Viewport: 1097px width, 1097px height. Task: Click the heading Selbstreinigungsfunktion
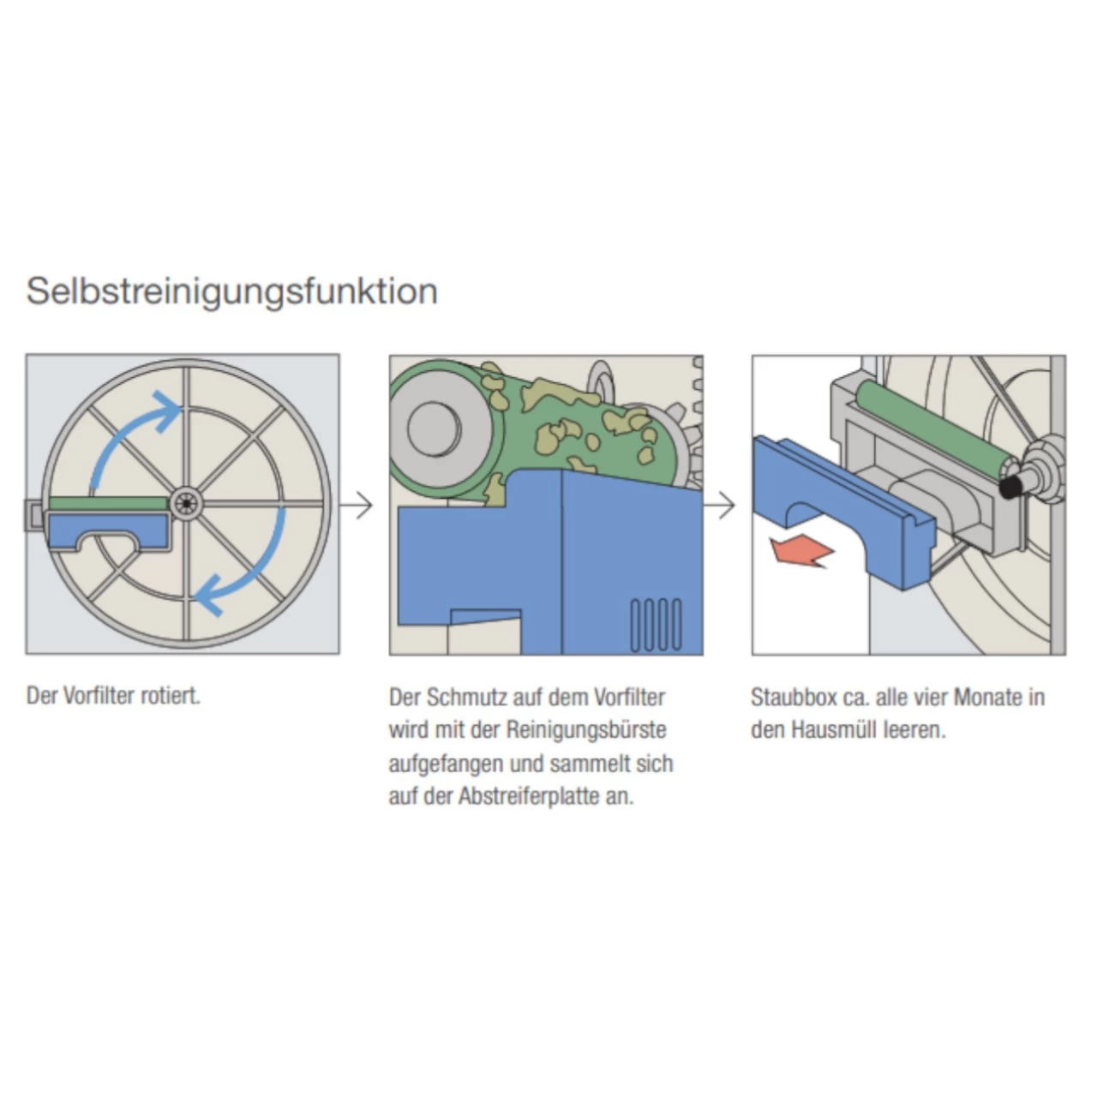coord(231,291)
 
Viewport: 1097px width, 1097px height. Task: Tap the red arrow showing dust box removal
coord(801,550)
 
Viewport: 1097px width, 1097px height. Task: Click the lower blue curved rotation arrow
coord(253,570)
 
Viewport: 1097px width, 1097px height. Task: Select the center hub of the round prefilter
coord(183,504)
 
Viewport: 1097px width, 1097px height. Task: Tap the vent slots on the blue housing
coord(656,624)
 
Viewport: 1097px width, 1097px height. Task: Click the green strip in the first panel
coord(107,504)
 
